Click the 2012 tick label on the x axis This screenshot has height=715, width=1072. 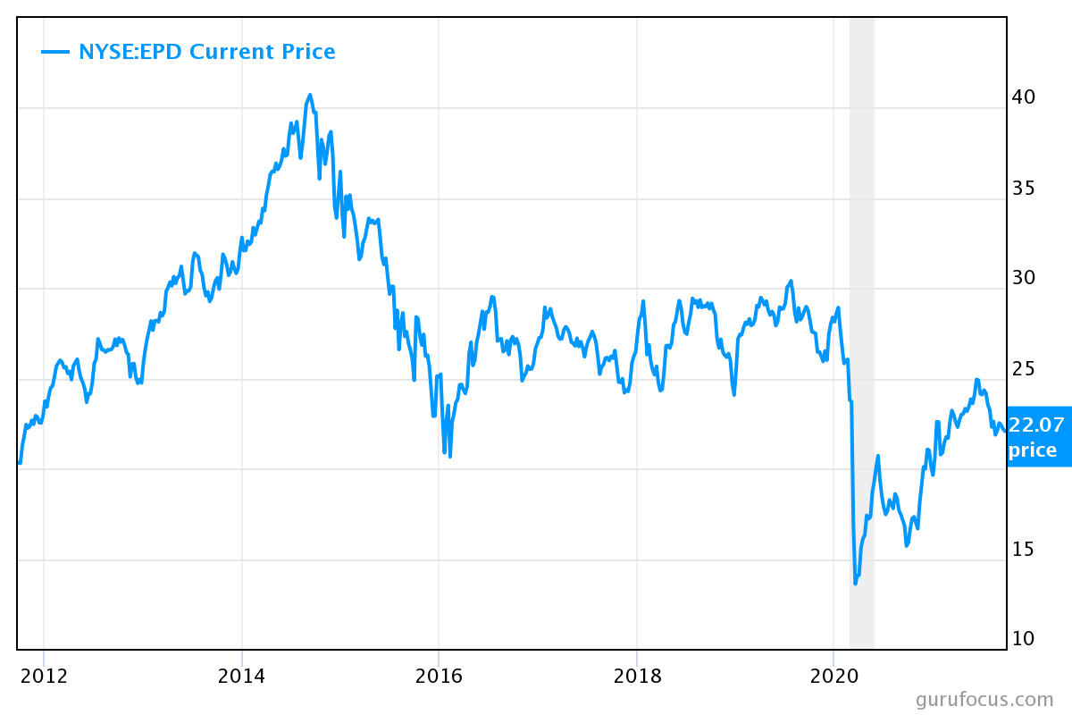pyautogui.click(x=44, y=675)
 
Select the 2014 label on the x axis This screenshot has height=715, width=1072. pyautogui.click(x=241, y=675)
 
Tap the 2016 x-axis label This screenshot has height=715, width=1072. pyautogui.click(x=439, y=675)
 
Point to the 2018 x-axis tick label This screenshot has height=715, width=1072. pyautogui.click(x=636, y=675)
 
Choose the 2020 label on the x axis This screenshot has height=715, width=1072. pyautogui.click(x=833, y=675)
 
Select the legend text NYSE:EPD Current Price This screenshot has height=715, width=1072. pyautogui.click(x=206, y=52)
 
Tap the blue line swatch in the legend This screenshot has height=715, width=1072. pyautogui.click(x=55, y=52)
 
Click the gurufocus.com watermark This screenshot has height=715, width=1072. pyautogui.click(x=984, y=700)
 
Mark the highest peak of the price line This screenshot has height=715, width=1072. pyautogui.click(x=310, y=95)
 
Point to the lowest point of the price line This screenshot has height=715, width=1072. pyautogui.click(x=855, y=584)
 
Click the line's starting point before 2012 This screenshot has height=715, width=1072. pyautogui.click(x=19, y=463)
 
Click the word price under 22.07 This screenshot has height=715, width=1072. pyautogui.click(x=1033, y=450)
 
